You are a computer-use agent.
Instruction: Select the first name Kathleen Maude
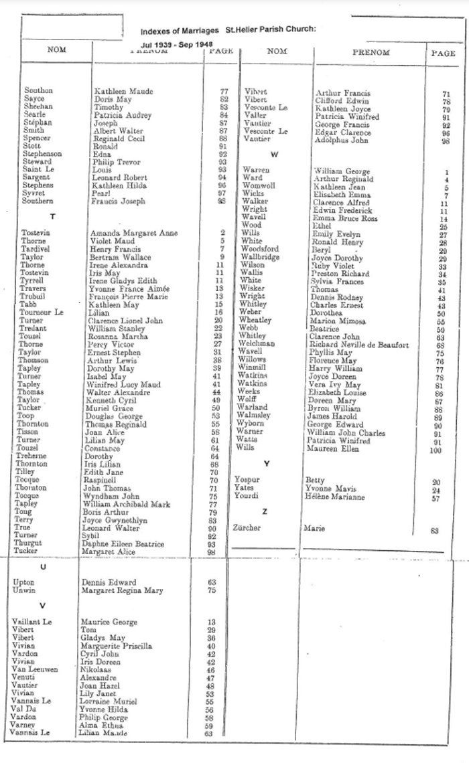[124, 91]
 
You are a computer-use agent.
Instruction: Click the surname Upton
[24, 582]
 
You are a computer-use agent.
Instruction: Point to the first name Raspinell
[101, 480]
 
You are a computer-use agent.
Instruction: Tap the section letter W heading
[274, 154]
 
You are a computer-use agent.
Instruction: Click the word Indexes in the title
[155, 31]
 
